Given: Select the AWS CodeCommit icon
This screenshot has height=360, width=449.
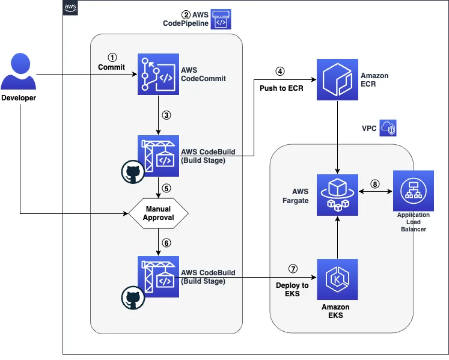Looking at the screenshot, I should [158, 75].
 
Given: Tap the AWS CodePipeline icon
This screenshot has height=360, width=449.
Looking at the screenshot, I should [221, 19].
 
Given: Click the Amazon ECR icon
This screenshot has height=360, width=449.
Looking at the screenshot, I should [338, 79].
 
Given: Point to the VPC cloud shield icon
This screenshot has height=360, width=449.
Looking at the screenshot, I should [388, 129].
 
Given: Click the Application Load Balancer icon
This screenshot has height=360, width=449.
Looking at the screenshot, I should [413, 191].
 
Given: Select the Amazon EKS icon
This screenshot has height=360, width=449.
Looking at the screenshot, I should [337, 279].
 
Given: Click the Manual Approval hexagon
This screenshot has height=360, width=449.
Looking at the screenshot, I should [158, 213].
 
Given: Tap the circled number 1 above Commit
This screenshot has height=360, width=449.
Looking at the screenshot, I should [111, 57].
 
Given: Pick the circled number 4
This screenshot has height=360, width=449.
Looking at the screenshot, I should [279, 70].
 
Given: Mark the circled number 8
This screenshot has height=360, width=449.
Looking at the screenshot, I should [375, 185].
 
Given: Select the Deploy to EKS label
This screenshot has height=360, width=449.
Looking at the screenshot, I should [292, 290].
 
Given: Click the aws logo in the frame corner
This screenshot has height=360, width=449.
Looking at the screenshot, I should [70, 7].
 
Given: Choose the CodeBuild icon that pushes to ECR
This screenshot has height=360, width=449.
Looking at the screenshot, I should [158, 155].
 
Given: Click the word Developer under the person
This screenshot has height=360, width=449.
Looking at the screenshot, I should [19, 98].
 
